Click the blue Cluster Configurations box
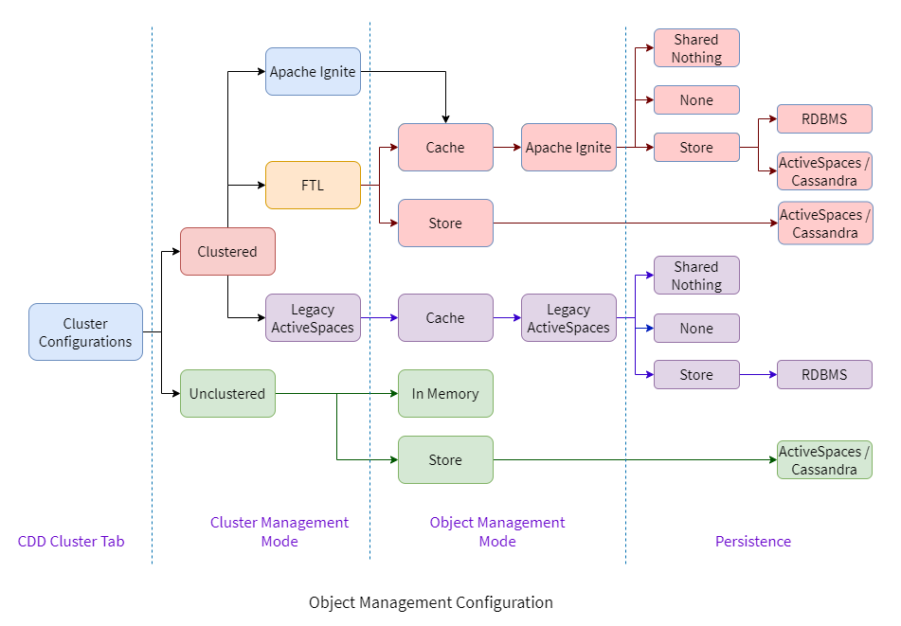[85, 332]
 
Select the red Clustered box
[227, 252]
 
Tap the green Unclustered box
[227, 394]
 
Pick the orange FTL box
[313, 186]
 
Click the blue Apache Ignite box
[313, 72]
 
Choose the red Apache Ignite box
[568, 148]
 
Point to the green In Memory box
[445, 394]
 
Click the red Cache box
[445, 148]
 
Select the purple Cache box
[445, 318]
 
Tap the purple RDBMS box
[824, 375]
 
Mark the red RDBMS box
[824, 119]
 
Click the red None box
[696, 100]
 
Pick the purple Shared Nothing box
[696, 276]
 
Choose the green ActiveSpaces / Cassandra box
[824, 460]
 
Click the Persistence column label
[752, 542]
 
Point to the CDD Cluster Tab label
[71, 542]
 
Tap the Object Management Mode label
[497, 532]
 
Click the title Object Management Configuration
[431, 602]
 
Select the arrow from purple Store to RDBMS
[758, 375]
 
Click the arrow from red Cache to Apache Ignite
[507, 148]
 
